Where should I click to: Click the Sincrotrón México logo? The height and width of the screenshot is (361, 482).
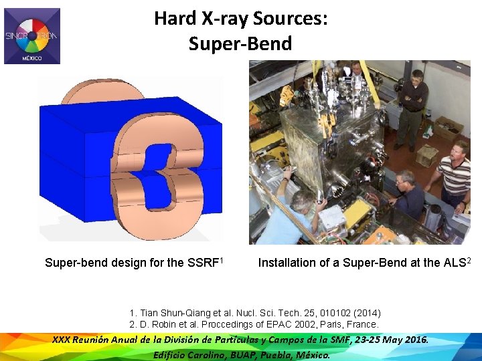coord(32,36)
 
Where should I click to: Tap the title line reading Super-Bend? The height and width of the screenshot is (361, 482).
coord(240,44)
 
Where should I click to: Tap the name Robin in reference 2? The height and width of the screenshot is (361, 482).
coord(166,324)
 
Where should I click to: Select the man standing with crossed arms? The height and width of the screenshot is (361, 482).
coord(412,107)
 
